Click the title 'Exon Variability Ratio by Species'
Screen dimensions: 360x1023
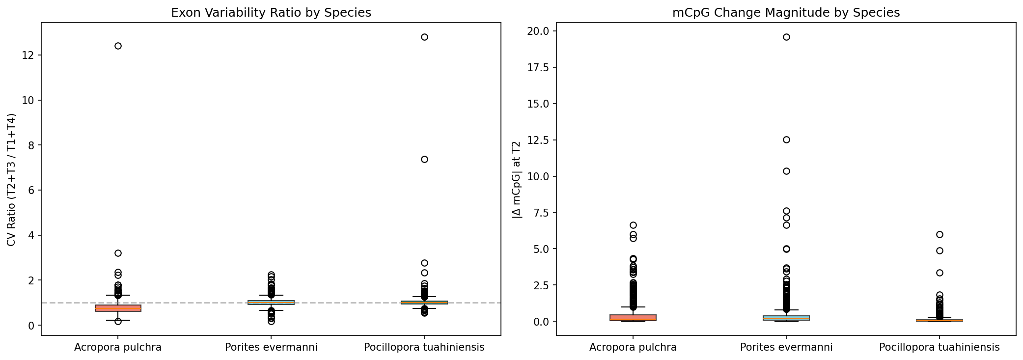[271, 13]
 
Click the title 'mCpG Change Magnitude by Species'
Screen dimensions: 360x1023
[786, 13]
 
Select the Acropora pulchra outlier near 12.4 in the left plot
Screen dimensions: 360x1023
[118, 46]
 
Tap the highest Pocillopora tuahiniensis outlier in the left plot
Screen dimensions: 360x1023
[424, 37]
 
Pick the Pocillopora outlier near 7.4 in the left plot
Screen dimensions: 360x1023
[424, 159]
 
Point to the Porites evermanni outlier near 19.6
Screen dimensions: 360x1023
[786, 37]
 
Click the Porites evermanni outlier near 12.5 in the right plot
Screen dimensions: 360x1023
[786, 140]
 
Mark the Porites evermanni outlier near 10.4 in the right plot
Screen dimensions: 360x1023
[786, 171]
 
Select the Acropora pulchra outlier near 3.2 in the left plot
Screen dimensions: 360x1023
[118, 253]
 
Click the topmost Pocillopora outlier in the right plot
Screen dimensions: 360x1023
[940, 234]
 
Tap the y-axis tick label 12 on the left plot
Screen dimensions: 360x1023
[28, 55]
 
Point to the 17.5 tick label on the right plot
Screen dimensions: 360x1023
[539, 67]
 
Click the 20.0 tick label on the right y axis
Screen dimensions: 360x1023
[539, 31]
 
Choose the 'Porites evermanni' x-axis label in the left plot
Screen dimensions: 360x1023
[271, 348]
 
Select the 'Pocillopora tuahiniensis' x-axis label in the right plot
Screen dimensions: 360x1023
[939, 348]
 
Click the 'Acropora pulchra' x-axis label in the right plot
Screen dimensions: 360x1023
[633, 348]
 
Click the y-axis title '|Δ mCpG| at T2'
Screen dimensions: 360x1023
[516, 179]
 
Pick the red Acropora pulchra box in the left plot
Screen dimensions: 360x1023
[118, 308]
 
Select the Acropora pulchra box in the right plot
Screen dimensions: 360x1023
[633, 318]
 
